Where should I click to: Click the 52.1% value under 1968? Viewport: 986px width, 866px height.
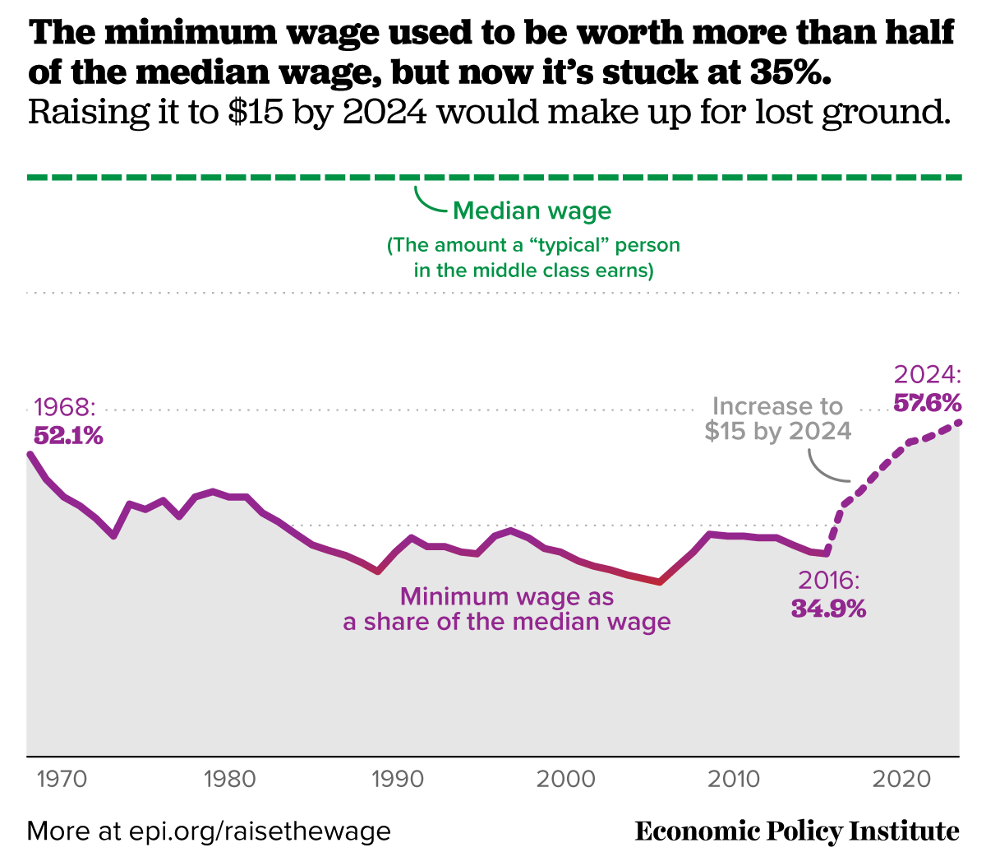pos(68,436)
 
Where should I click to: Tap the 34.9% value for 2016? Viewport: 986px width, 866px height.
pos(828,609)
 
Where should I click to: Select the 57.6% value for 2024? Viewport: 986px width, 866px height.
pos(927,403)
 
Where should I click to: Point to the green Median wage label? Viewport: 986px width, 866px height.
pos(532,211)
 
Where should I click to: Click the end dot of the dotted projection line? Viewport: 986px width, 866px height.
pos(959,422)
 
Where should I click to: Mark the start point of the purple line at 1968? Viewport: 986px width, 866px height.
pos(30,454)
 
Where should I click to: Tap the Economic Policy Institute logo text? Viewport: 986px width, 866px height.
pos(797,831)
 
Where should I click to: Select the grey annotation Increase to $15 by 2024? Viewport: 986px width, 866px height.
pos(777,419)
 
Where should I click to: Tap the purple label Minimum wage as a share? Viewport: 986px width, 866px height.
pos(507,609)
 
